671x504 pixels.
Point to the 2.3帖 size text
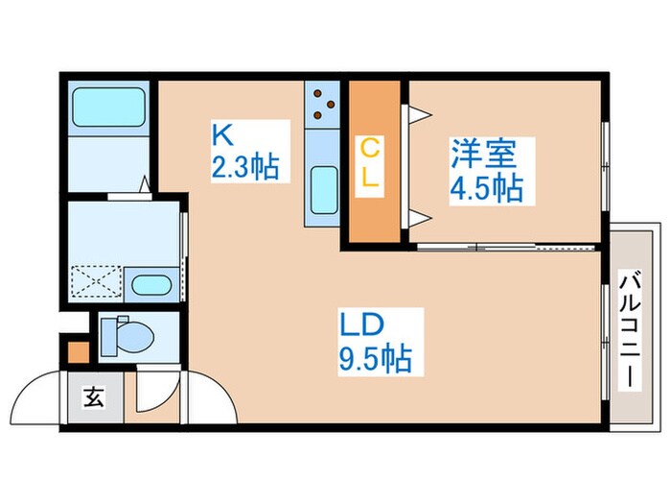[245, 168]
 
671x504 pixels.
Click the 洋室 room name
[485, 154]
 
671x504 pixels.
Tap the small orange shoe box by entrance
[76, 352]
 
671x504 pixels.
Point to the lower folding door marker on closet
[418, 215]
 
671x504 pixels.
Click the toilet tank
[108, 335]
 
